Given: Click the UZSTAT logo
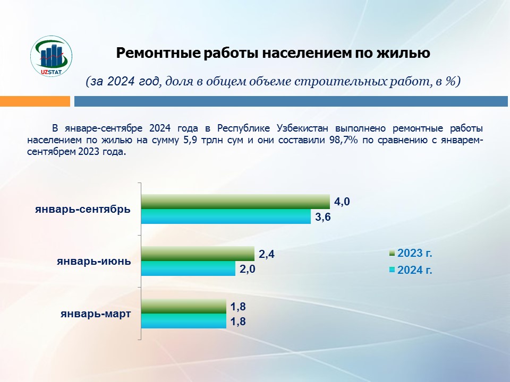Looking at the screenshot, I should click(52, 57).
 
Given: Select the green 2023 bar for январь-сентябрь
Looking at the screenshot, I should click(235, 202).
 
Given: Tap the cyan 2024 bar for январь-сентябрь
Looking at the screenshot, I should click(226, 216).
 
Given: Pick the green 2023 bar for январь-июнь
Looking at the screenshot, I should click(198, 254).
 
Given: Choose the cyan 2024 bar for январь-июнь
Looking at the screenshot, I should click(188, 269).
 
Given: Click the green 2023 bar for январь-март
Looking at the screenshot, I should click(183, 306).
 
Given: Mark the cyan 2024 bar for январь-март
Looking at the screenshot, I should click(183, 321).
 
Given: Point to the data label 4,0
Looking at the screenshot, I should click(342, 202).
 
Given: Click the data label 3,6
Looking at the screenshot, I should click(323, 216).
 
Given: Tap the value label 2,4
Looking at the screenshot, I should click(267, 254).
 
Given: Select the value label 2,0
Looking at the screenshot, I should click(248, 269).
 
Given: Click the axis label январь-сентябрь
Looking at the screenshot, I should click(83, 209).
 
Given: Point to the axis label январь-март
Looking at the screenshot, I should click(96, 314).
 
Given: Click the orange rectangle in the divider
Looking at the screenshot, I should click(35, 101).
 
